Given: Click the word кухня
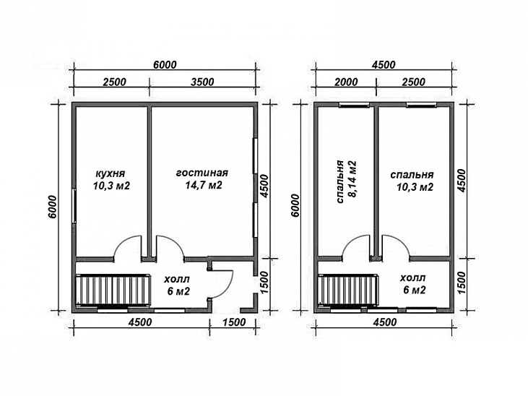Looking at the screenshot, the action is coord(111,174).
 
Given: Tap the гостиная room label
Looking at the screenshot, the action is coord(202,173).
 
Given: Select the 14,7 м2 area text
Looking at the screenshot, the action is coord(204,185).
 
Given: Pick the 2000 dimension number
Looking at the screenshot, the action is coord(345,82).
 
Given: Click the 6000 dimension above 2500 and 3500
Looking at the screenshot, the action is coord(165,65).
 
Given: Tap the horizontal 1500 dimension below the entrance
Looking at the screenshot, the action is coord(234,322).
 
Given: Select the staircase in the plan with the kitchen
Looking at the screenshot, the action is coord(113,290).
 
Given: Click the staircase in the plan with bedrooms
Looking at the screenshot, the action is coord(349,290).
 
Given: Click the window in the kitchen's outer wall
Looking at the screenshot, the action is coord(74,205).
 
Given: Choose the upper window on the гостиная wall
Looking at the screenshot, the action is coord(255,156).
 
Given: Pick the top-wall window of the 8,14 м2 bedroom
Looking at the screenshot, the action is coord(354,105).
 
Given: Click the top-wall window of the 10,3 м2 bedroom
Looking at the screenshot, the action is coord(421,105).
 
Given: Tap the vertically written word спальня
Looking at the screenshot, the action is coord(339,181).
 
